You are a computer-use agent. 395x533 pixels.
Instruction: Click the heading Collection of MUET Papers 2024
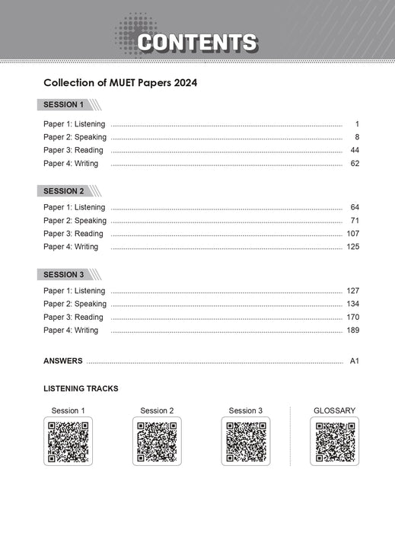click(119, 81)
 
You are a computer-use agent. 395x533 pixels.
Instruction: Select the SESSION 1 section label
click(64, 105)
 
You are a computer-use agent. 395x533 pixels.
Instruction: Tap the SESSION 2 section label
click(64, 191)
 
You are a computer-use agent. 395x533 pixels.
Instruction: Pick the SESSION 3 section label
click(64, 275)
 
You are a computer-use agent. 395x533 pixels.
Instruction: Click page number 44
click(354, 150)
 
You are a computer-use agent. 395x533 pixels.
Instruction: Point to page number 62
click(354, 163)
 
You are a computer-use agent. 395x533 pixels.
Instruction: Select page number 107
click(352, 234)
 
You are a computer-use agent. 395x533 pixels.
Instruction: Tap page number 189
click(352, 330)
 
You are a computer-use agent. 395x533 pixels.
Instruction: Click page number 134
click(352, 304)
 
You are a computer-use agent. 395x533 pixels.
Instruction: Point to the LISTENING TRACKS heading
click(81, 388)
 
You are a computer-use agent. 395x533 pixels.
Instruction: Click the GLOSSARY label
click(334, 411)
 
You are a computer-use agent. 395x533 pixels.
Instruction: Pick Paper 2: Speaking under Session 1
click(75, 137)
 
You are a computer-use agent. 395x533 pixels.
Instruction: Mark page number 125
click(352, 247)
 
